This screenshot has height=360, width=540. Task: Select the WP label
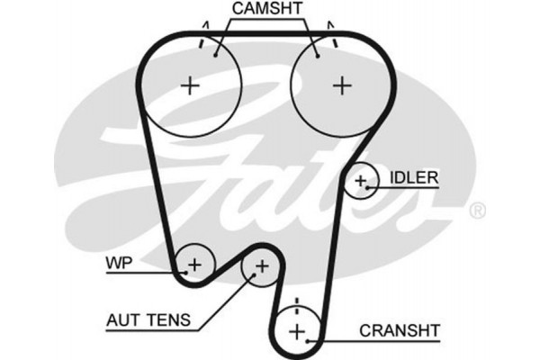(x=119, y=264)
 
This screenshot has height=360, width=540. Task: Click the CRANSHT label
(x=399, y=330)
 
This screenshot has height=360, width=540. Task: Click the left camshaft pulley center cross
(x=190, y=86)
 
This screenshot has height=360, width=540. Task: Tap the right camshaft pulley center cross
(x=341, y=85)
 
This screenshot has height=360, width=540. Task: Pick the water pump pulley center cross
(x=193, y=265)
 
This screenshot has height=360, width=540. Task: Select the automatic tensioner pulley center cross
(x=262, y=266)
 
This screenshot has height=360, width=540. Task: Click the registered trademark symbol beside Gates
(x=478, y=211)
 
